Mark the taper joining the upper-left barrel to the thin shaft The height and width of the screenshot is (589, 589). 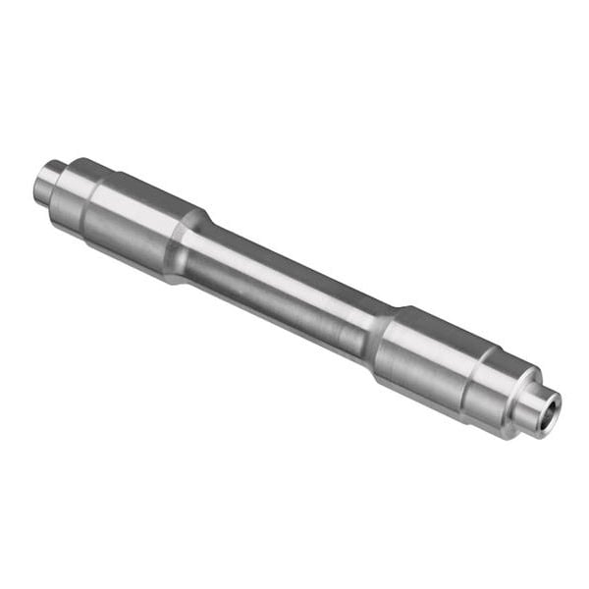pos(192,245)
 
